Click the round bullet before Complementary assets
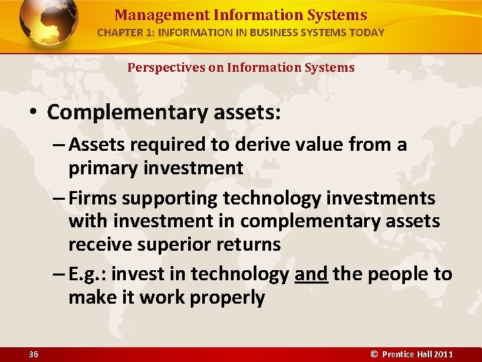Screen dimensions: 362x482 click(x=34, y=113)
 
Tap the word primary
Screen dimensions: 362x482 click(x=103, y=168)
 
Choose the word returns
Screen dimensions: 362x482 click(x=247, y=244)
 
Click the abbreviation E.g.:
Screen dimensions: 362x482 click(x=89, y=274)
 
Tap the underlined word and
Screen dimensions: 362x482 click(x=311, y=274)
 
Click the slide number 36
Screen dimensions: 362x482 click(x=33, y=354)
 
